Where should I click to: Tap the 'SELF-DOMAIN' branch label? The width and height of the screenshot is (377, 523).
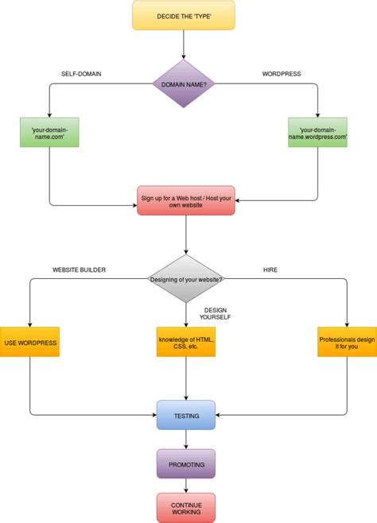(x=82, y=74)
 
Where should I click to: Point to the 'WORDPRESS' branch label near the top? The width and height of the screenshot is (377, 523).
(x=281, y=74)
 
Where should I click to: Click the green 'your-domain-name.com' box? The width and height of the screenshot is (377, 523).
(x=49, y=131)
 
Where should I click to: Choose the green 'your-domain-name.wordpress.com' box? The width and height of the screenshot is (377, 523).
(x=317, y=131)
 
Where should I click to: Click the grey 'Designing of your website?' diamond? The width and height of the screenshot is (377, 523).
(x=187, y=278)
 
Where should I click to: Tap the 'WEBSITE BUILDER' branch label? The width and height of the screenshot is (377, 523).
(x=80, y=270)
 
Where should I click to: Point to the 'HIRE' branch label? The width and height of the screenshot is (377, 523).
(x=270, y=270)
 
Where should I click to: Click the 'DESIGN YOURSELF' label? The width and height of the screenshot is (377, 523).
(x=217, y=315)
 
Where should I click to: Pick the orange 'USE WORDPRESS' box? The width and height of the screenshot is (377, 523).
(x=30, y=342)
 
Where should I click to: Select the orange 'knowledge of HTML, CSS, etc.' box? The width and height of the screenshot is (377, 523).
(x=187, y=342)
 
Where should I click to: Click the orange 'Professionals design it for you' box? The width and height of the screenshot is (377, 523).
(x=347, y=342)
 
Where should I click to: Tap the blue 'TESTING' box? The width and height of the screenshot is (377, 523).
(x=186, y=415)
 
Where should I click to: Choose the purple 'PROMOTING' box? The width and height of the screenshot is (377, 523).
(x=186, y=463)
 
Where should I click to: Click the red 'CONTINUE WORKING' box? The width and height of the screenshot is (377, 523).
(x=186, y=507)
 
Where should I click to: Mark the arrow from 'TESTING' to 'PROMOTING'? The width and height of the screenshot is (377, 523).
(x=186, y=440)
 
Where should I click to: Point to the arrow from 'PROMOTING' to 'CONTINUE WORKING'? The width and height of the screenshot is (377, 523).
(x=186, y=485)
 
